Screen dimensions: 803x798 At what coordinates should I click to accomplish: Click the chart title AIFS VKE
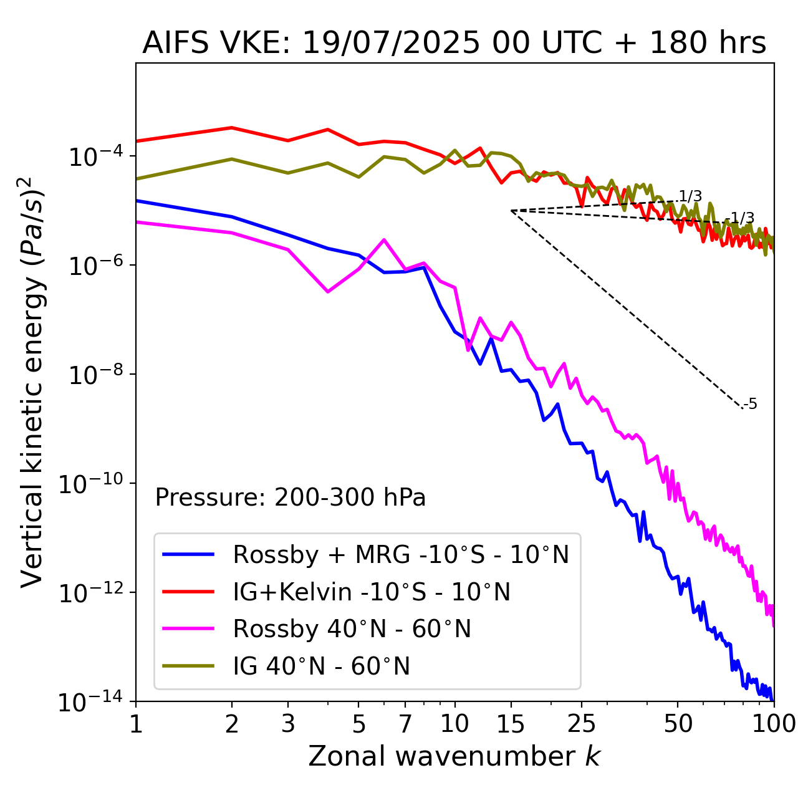point(454,43)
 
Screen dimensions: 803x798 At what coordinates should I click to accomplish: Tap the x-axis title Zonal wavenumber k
point(454,756)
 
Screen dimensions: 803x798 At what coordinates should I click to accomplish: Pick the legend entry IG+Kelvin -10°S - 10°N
point(372,592)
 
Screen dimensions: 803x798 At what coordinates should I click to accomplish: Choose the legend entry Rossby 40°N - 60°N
point(352,629)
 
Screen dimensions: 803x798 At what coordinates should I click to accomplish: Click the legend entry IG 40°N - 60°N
point(321,666)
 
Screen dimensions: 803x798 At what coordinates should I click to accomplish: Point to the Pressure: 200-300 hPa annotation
point(291,498)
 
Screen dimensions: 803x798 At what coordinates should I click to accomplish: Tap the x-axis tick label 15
point(511,724)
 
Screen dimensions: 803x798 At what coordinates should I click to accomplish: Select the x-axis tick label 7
point(405,724)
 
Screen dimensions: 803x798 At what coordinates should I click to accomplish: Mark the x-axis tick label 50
point(678,724)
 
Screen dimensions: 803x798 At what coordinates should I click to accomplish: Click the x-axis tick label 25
point(581,724)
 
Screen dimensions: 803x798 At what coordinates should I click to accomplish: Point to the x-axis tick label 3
point(288,724)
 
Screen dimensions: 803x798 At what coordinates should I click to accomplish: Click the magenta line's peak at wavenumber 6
point(384,239)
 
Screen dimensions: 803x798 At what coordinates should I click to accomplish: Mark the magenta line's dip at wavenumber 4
point(328,291)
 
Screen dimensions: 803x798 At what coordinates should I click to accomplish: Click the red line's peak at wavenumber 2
point(232,128)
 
